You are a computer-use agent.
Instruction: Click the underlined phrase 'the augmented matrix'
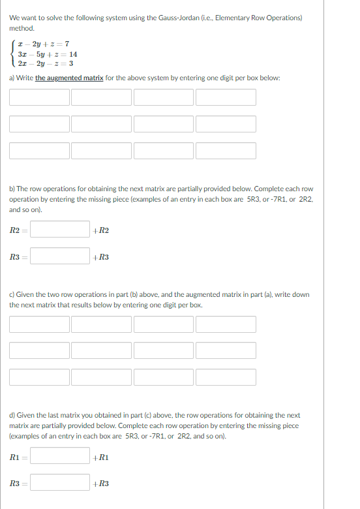pyautogui.click(x=68, y=78)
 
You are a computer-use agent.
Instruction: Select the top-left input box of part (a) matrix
pyautogui.click(x=39, y=97)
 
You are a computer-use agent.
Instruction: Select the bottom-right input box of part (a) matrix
pyautogui.click(x=226, y=150)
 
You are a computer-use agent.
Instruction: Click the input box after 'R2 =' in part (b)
pyautogui.click(x=60, y=230)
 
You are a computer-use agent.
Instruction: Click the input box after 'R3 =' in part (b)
pyautogui.click(x=60, y=256)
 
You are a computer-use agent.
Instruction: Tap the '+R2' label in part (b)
pyautogui.click(x=102, y=230)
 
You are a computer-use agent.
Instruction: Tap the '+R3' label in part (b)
pyautogui.click(x=102, y=257)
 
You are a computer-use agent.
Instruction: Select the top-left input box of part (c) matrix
pyautogui.click(x=39, y=324)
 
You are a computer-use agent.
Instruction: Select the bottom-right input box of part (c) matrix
pyautogui.click(x=226, y=377)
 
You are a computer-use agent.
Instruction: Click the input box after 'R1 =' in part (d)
pyautogui.click(x=60, y=456)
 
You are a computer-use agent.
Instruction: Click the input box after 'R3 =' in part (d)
pyautogui.click(x=60, y=483)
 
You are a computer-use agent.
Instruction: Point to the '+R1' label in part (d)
pyautogui.click(x=102, y=457)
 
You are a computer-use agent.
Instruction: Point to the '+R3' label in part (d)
pyautogui.click(x=102, y=484)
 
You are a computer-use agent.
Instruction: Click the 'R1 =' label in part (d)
pyautogui.click(x=17, y=457)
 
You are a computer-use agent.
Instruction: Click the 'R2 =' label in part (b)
pyautogui.click(x=17, y=230)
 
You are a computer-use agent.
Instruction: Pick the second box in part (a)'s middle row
pyautogui.click(x=102, y=123)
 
